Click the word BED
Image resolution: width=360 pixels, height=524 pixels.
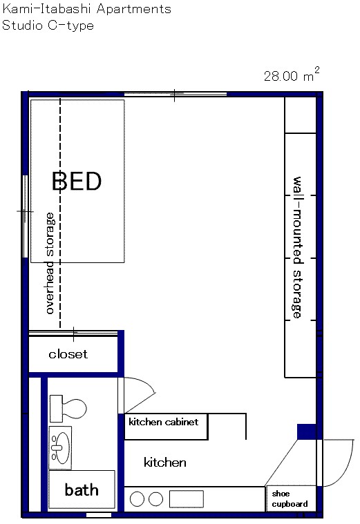77,181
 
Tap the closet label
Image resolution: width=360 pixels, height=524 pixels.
68,354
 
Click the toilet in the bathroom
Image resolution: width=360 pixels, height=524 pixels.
68,409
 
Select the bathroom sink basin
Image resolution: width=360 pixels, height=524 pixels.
61,447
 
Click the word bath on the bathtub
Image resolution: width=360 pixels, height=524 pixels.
82,490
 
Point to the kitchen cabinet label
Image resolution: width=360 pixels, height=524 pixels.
163,422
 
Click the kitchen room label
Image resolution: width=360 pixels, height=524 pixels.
165,463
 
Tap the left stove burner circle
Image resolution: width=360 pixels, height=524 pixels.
137,500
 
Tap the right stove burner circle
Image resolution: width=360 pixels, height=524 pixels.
155,500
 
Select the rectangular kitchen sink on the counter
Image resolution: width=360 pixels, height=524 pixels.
187,499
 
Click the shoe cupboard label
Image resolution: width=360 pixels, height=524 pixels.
290,499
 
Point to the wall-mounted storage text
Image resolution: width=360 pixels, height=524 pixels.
297,247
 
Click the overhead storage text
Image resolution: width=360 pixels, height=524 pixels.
50,263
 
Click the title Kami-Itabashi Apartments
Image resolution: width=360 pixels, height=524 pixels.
86,9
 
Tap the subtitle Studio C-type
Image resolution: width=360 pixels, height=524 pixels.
48,26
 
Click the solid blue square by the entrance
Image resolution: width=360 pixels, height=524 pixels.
307,431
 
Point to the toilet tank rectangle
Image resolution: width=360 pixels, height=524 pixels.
56,409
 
